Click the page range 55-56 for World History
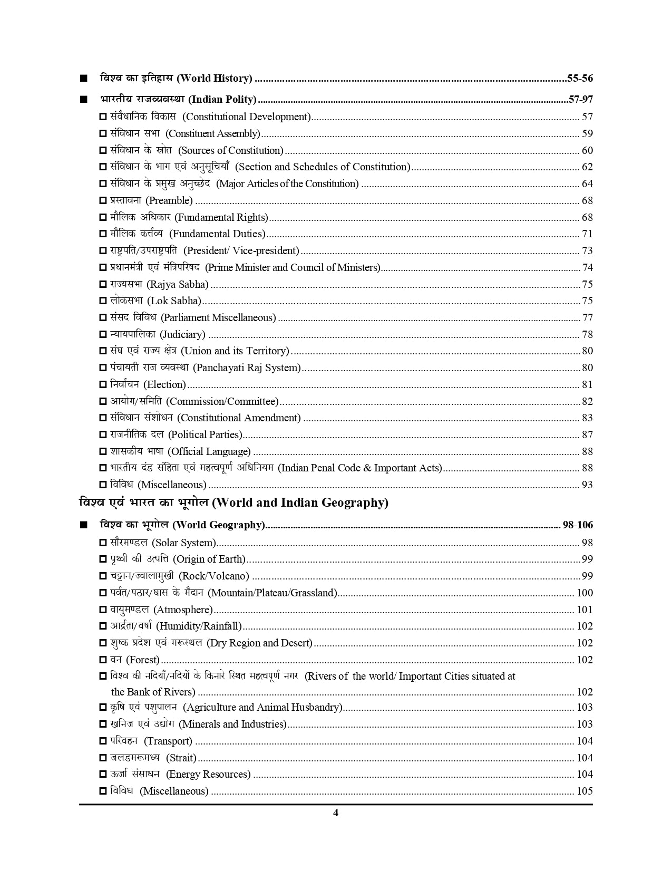[580, 79]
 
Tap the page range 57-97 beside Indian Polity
[581, 99]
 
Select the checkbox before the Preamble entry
[103, 201]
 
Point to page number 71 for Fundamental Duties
[587, 234]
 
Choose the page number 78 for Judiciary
[587, 335]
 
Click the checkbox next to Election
[103, 385]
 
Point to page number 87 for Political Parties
[587, 435]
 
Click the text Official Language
[209, 452]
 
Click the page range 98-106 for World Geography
[578, 525]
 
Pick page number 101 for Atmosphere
[585, 610]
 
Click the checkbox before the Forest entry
[103, 660]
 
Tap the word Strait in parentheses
[181, 758]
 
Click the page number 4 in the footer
[336, 813]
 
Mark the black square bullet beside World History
[83, 79]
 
